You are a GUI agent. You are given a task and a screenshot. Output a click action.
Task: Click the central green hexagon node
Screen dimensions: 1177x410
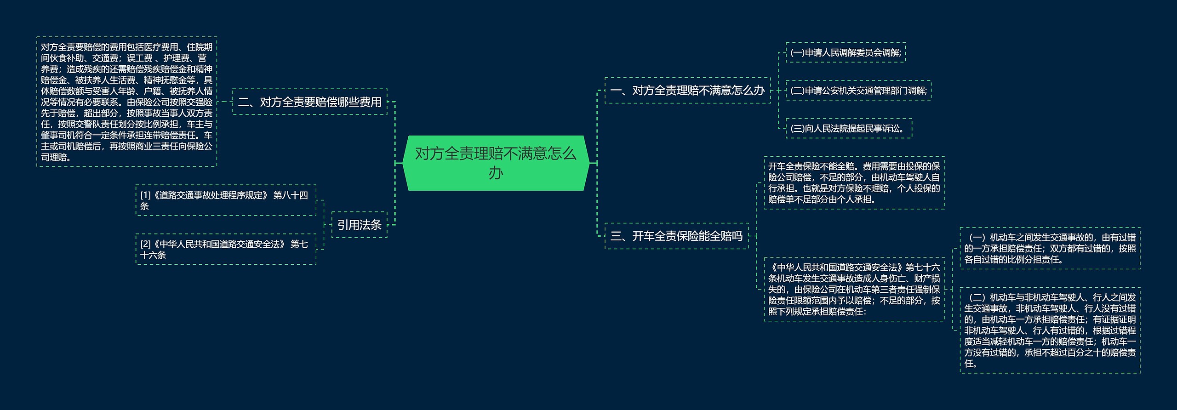tap(496, 163)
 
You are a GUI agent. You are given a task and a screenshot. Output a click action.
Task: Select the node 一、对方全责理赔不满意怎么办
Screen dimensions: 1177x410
tap(687, 91)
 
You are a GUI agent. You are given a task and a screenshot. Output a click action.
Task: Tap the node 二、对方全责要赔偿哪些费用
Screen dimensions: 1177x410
tap(310, 102)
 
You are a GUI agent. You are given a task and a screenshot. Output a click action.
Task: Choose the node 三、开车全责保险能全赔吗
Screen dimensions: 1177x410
tap(676, 236)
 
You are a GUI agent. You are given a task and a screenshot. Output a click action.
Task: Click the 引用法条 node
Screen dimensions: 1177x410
tap(359, 225)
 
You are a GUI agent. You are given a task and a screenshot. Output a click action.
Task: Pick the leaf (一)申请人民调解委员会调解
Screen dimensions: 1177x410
tap(846, 53)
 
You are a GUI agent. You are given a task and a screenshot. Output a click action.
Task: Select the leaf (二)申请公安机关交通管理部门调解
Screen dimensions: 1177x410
tap(858, 91)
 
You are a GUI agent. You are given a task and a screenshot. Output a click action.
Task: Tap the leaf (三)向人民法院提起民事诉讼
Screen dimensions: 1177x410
tap(848, 129)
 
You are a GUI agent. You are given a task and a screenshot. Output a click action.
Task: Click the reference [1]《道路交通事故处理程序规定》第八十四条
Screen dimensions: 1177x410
tap(225, 200)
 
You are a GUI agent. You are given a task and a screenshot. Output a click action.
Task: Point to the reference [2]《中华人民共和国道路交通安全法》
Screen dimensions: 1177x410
tap(225, 249)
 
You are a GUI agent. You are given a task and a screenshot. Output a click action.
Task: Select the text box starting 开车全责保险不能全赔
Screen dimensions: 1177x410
tap(854, 183)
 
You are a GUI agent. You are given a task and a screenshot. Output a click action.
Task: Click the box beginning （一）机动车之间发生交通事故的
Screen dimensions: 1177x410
tap(1050, 249)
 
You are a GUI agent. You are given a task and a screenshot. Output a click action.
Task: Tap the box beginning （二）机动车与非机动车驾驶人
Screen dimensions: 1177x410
tap(1050, 330)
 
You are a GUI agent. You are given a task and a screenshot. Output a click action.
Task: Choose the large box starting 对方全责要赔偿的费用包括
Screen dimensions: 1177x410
tap(126, 102)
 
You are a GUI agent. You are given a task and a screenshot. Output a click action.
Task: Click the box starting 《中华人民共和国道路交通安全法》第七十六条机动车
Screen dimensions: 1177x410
tap(854, 289)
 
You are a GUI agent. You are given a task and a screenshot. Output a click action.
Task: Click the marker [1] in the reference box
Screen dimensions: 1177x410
tap(145, 195)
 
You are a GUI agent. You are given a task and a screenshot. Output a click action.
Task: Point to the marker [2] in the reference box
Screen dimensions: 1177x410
tap(145, 244)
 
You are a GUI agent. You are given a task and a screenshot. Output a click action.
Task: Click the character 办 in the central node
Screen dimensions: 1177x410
tap(496, 173)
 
